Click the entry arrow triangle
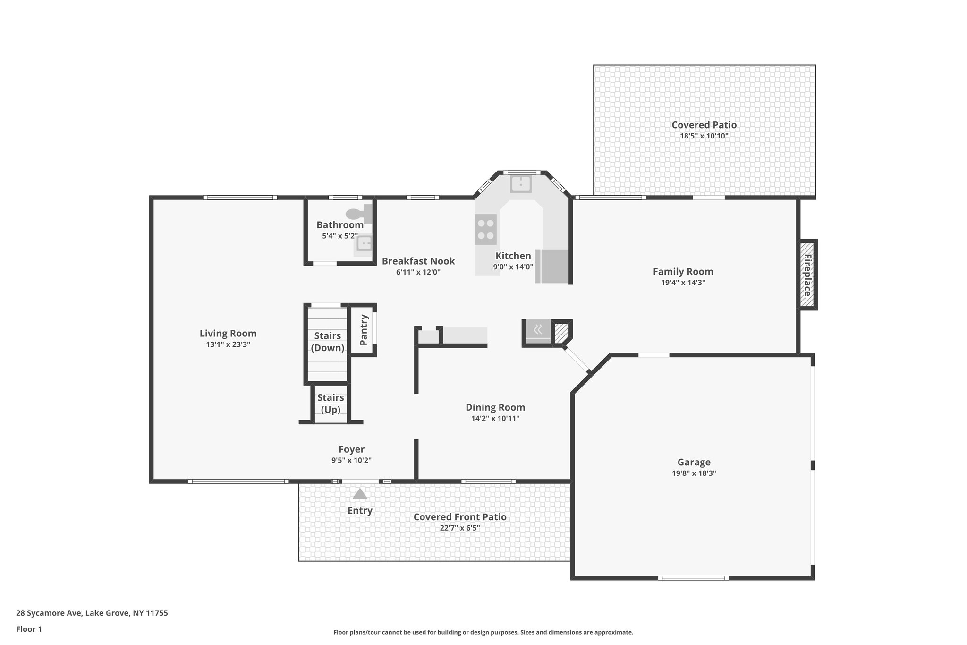[360, 494]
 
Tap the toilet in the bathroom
[359, 214]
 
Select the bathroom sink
[364, 244]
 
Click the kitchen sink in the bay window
[521, 183]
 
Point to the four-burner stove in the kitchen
[485, 229]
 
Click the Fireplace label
[807, 275]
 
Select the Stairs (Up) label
[331, 404]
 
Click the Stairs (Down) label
[327, 342]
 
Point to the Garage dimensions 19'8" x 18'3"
[694, 473]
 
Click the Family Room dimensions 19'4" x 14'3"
[683, 283]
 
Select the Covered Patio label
[704, 125]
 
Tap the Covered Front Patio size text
[459, 528]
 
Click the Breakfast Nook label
[418, 261]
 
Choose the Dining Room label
[495, 407]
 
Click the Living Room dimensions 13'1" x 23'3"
[228, 344]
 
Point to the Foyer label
[351, 449]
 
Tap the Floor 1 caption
[29, 629]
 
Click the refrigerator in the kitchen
[552, 267]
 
